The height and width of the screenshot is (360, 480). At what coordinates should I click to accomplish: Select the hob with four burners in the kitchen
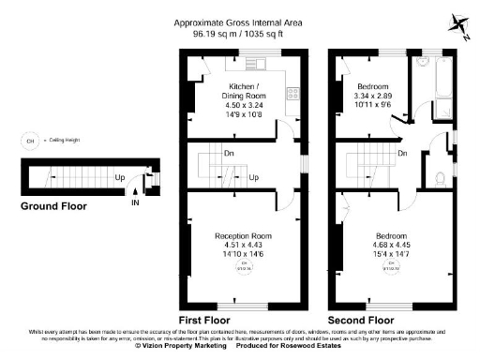292,94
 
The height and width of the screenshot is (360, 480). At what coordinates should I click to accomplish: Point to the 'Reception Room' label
243,234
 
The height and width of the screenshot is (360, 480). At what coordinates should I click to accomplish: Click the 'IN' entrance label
136,201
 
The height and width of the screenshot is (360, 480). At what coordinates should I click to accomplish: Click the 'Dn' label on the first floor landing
229,153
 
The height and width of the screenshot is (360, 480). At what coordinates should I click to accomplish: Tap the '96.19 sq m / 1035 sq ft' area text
240,34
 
